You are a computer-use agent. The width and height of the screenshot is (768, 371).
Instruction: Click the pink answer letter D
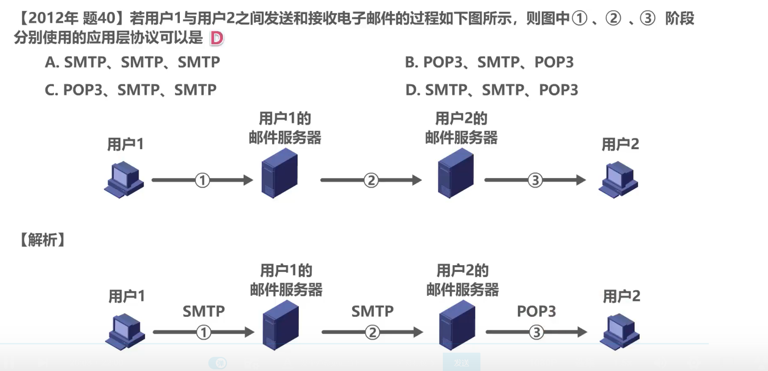pos(217,38)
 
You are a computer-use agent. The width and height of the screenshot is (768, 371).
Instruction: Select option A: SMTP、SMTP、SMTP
pos(132,63)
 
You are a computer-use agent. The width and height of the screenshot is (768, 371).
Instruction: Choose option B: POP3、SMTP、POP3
pos(489,63)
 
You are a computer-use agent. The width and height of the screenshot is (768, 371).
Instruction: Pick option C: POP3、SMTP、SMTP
pos(131,90)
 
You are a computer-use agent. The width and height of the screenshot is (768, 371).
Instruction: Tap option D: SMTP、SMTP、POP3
pos(492,90)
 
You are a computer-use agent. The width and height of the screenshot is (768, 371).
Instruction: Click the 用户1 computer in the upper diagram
pos(124,180)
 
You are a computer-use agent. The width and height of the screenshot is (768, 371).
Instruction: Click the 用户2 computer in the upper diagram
pos(618,180)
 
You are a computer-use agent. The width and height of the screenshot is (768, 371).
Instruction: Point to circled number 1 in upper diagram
pos(202,180)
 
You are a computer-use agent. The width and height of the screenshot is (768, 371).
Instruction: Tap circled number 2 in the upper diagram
pos(371,180)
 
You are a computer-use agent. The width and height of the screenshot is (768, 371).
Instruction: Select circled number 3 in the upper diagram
pos(535,180)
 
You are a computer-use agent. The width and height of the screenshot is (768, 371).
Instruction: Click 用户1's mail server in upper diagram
pos(279,173)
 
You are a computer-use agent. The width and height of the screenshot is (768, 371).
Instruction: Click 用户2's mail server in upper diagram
pos(456,173)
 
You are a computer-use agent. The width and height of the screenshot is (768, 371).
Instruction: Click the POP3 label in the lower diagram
pos(536,311)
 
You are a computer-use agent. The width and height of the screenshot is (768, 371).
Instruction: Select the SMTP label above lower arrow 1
pos(204,311)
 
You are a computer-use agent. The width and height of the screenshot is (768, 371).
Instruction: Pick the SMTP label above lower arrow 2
pos(372,311)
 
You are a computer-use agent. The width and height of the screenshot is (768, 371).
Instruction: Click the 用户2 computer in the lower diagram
pos(619,332)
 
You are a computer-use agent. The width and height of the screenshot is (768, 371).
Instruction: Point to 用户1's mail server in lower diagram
pos(280,326)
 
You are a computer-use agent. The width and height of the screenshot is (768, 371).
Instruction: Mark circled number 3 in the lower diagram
pos(536,332)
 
